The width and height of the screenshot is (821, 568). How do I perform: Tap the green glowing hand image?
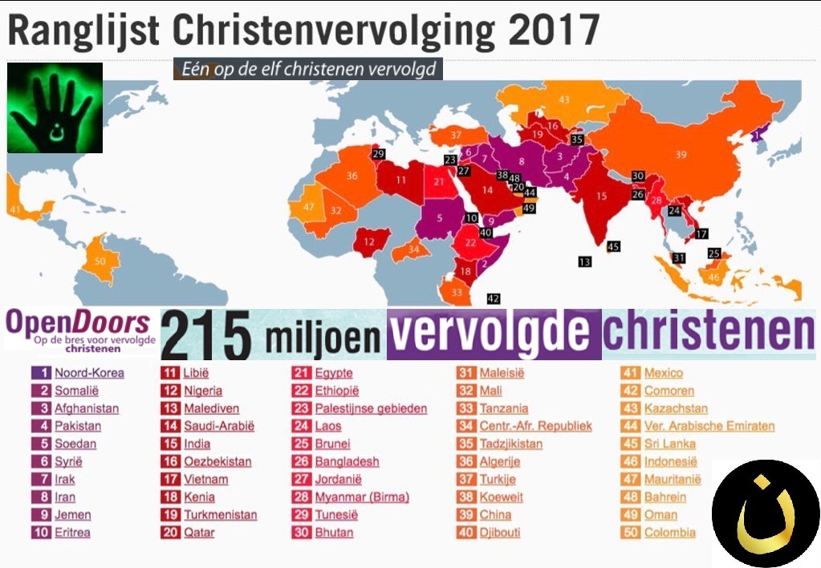point(55,108)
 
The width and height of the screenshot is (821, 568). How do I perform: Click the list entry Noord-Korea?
point(89,373)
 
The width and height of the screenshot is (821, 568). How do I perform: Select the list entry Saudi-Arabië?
point(218,426)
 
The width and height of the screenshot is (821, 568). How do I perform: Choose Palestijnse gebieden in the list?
point(370,408)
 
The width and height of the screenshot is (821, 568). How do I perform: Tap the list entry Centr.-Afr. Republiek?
point(535,426)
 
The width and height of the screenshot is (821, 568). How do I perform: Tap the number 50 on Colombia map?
point(100,261)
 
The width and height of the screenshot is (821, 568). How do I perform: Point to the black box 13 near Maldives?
point(584,262)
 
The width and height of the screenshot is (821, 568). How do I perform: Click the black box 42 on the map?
point(494,298)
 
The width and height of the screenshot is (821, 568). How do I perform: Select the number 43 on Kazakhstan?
point(564,99)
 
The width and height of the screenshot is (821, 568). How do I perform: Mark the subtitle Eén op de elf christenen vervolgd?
point(308,69)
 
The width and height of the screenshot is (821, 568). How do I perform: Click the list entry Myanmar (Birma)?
point(361,497)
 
